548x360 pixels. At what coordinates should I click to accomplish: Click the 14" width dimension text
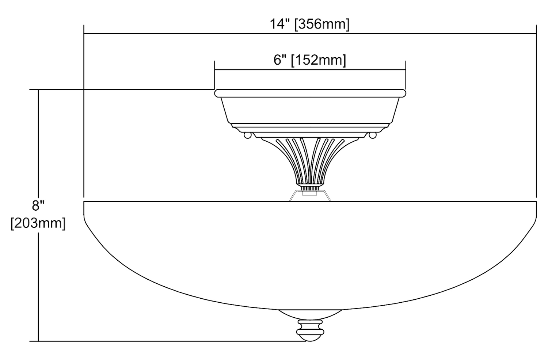[279, 24]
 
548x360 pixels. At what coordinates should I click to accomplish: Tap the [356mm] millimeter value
[322, 24]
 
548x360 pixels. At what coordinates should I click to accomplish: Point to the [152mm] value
[319, 60]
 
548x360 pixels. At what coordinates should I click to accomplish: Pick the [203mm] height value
[38, 223]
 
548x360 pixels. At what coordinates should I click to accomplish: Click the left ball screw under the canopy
[248, 135]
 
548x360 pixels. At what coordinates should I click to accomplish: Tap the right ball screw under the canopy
[373, 135]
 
